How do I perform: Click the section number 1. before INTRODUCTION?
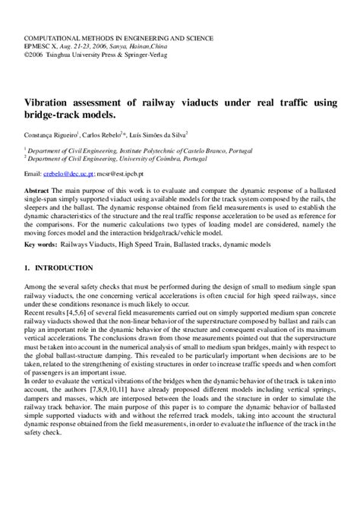(x=27, y=247)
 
